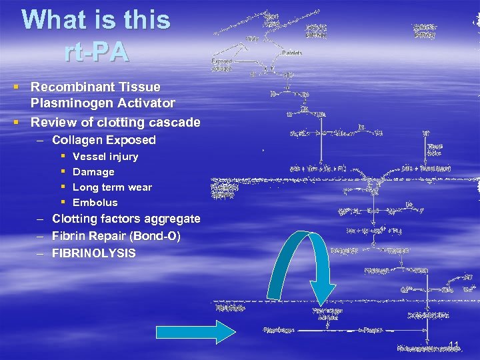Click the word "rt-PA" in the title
[97, 52]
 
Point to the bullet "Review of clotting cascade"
[115, 122]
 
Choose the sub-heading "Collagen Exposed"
[103, 140]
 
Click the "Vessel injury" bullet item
[105, 157]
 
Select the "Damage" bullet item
[93, 172]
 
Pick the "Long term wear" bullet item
[112, 187]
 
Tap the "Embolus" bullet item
[95, 203]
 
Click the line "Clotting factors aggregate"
[126, 219]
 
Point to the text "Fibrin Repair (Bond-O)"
[116, 236]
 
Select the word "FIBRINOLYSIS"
[93, 253]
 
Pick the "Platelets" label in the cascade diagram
[292, 53]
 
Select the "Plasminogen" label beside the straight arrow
[278, 329]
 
